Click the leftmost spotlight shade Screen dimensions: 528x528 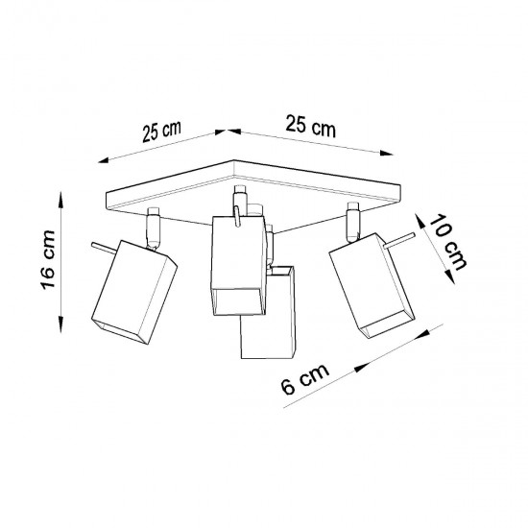134,293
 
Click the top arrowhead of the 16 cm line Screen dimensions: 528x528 62,197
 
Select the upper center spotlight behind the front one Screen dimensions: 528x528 236,264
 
